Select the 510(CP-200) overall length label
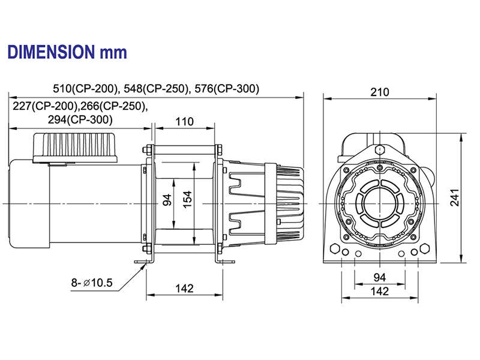pyautogui.click(x=86, y=89)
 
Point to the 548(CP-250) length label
pyautogui.click(x=155, y=89)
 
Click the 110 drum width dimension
pyautogui.click(x=184, y=121)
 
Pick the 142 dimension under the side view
pyautogui.click(x=184, y=289)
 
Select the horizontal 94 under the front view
pyautogui.click(x=379, y=277)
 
